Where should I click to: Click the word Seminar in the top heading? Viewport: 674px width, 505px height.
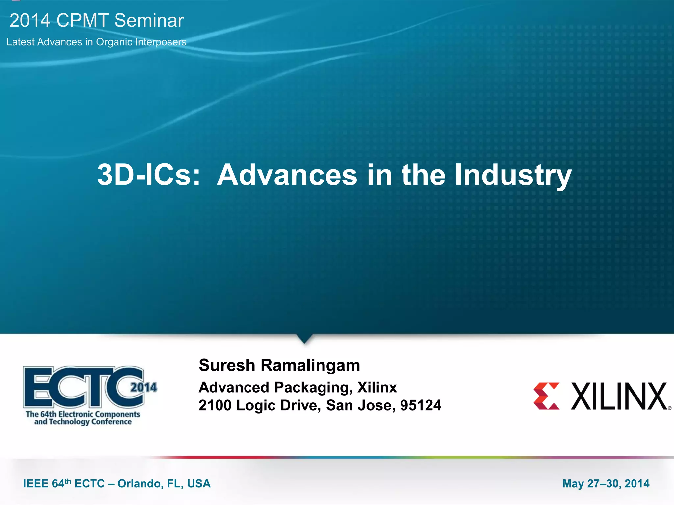pos(149,20)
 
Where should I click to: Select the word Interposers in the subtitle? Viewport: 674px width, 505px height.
pos(161,42)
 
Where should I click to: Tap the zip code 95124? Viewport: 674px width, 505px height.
pos(420,405)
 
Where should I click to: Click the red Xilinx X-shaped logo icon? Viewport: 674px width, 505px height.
pos(547,396)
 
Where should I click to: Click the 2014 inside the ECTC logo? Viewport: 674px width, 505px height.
pos(144,387)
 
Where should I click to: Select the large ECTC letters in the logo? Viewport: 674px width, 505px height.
pos(82,387)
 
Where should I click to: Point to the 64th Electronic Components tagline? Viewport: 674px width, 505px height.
pos(83,414)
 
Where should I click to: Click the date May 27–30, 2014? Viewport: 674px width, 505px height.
pos(606,483)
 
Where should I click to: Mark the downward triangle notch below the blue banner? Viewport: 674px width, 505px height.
pos(304,338)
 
